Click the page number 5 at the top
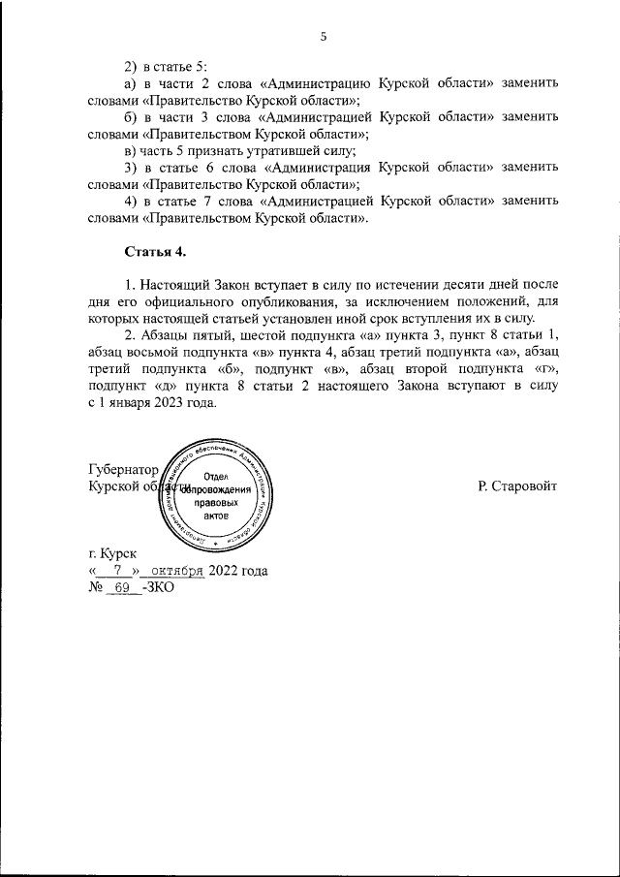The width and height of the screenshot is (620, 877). [324, 37]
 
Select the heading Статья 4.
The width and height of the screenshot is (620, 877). [154, 252]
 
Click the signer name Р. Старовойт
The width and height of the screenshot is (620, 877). [517, 485]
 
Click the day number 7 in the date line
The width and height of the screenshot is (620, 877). [117, 571]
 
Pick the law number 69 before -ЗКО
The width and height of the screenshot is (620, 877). [122, 588]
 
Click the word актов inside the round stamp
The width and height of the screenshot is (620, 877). [216, 518]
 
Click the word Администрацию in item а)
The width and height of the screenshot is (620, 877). [311, 83]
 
